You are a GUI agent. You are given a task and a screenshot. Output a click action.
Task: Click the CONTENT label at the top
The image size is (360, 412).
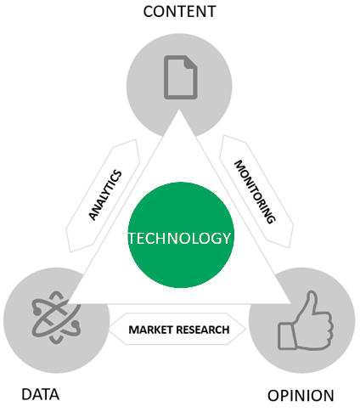pyautogui.click(x=180, y=12)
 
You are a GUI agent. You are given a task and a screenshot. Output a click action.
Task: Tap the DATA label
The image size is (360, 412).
pyautogui.click(x=41, y=394)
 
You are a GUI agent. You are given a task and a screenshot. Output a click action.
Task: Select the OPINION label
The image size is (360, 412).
pyautogui.click(x=301, y=396)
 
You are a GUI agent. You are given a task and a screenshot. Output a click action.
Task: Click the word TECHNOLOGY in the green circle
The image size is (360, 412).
pyautogui.click(x=180, y=238)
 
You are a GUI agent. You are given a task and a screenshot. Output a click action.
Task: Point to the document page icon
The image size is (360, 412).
pyautogui.click(x=181, y=77)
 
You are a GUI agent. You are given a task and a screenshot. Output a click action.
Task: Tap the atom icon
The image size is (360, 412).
pyautogui.click(x=56, y=317)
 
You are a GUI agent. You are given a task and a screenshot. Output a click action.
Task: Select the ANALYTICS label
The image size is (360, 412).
pyautogui.click(x=105, y=195)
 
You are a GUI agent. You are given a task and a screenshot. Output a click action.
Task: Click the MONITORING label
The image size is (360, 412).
pyautogui.click(x=255, y=192)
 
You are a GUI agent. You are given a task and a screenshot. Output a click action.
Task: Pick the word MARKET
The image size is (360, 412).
pyautogui.click(x=150, y=330)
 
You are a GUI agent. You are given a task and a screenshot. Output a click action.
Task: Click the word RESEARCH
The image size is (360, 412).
pyautogui.click(x=202, y=330)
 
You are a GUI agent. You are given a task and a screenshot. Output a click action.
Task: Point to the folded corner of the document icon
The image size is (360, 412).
pyautogui.click(x=191, y=62)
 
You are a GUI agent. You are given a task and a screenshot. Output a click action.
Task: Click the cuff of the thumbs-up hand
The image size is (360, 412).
pyautogui.click(x=287, y=336)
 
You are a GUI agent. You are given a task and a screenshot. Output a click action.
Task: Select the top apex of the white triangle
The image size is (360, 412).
pyautogui.click(x=179, y=110)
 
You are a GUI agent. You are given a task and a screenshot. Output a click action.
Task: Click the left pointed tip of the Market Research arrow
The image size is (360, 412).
pyautogui.click(x=110, y=329)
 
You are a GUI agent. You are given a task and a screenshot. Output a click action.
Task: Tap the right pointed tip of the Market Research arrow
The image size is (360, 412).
pyautogui.click(x=245, y=329)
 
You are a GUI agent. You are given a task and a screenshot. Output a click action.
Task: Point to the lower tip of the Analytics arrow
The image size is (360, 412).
pyautogui.click(x=70, y=251)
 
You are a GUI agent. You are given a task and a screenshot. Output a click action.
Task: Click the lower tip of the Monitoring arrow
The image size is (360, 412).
pyautogui.click(x=289, y=247)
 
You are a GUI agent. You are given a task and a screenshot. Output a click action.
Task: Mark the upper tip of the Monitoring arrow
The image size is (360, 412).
pyautogui.click(x=223, y=135)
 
